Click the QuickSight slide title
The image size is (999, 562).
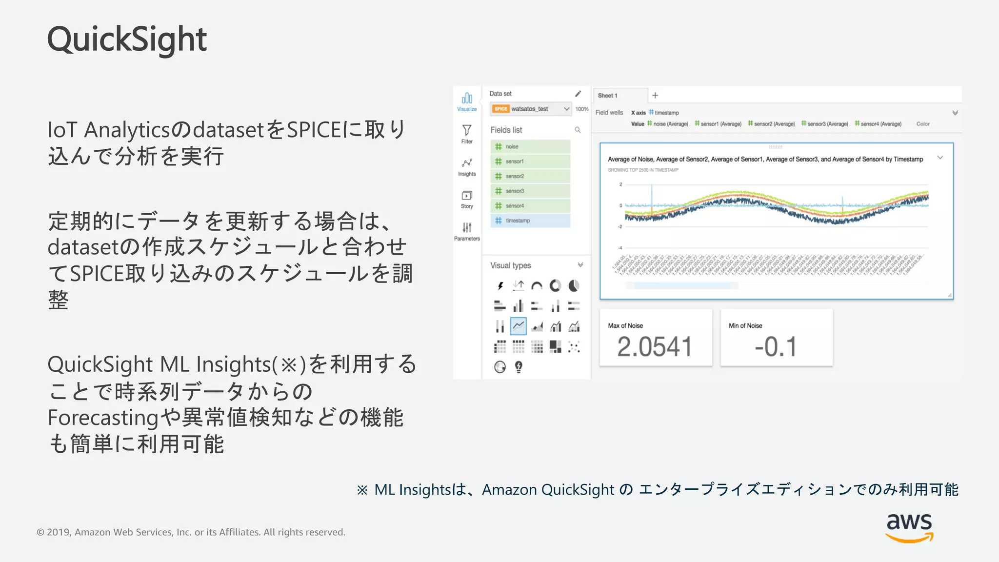pos(127,39)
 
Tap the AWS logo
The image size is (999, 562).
pos(909,527)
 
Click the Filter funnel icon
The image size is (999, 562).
pos(467,131)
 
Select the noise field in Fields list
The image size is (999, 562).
pos(530,146)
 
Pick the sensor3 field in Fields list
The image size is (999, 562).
pos(530,191)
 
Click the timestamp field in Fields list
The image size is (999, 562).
pos(530,221)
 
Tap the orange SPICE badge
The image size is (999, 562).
pos(500,109)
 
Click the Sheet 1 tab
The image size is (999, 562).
pos(608,96)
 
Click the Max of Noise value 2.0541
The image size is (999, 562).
pos(655,347)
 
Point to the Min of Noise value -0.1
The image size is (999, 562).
pos(776,347)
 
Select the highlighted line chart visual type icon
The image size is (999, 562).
pos(518,326)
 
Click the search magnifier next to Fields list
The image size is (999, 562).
pos(578,130)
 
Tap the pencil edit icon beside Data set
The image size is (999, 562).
pos(578,94)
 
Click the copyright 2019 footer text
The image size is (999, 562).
pos(191,532)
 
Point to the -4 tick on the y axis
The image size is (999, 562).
pos(620,248)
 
